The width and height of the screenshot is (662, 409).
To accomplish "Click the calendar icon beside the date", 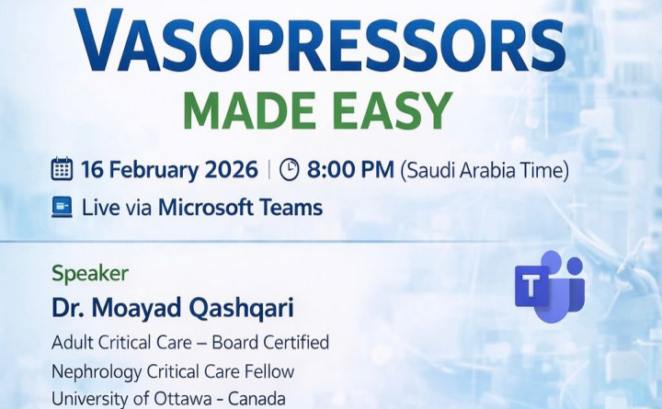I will [x=62, y=170].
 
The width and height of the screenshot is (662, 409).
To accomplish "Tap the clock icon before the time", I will [x=289, y=170].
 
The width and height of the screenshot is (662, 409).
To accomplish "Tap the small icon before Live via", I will [x=62, y=208].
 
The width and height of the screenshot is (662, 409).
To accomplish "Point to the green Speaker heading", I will [x=90, y=273].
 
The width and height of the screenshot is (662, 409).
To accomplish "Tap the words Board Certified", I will [x=270, y=343].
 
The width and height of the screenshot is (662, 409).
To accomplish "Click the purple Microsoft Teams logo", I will [x=550, y=286].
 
